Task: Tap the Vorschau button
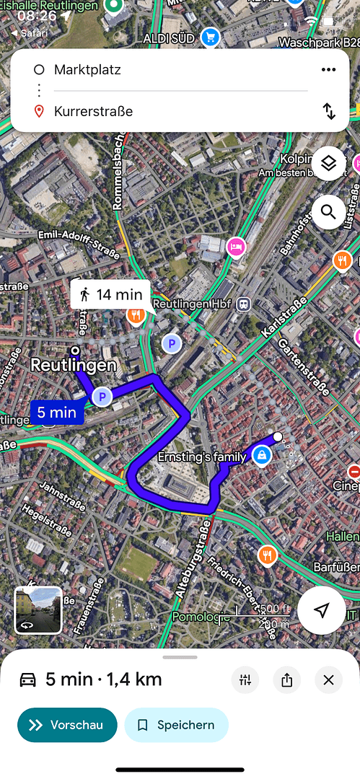(x=67, y=725)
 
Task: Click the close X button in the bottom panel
(x=328, y=679)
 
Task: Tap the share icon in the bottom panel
(x=287, y=679)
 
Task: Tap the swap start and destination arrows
(x=329, y=111)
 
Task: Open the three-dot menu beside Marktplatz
(x=328, y=69)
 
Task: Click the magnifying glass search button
(x=329, y=212)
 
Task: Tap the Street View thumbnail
(x=38, y=610)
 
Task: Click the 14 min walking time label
(x=110, y=294)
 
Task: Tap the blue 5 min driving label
(x=57, y=413)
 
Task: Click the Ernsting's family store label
(x=202, y=457)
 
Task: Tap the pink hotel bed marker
(x=236, y=247)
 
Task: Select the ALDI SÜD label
(x=169, y=38)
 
